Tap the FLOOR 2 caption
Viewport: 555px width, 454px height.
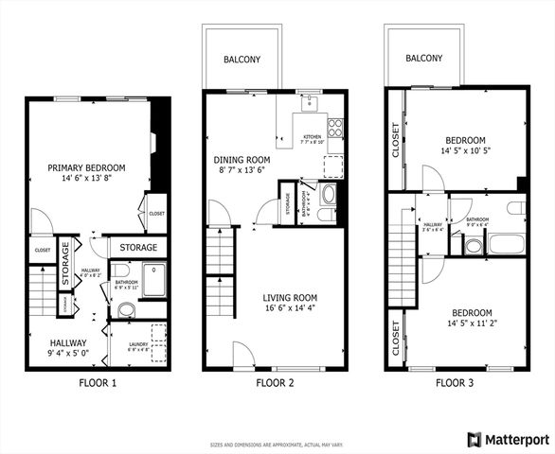click(x=275, y=383)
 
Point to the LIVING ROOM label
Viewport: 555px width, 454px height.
click(x=290, y=297)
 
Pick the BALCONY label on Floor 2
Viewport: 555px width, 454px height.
click(x=242, y=60)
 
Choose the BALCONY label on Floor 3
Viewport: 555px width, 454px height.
click(x=424, y=59)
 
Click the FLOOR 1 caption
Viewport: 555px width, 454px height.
click(x=98, y=383)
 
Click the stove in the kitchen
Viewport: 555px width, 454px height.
click(x=335, y=126)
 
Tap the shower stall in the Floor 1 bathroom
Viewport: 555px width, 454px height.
click(x=152, y=278)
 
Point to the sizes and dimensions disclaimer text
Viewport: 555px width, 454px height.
click(x=277, y=443)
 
